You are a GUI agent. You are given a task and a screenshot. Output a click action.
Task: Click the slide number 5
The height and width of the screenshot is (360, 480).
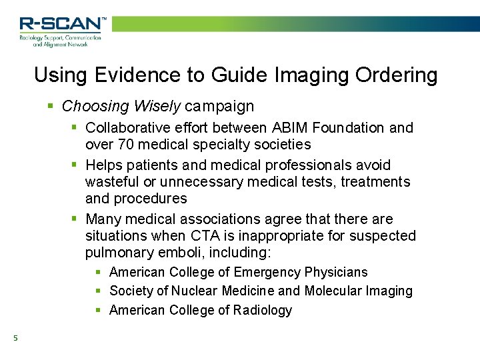coord(15,339)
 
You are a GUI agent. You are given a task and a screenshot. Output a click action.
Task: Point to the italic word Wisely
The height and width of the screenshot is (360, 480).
coord(159,106)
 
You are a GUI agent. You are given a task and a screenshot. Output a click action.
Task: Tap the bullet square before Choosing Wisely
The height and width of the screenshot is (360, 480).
coord(51,106)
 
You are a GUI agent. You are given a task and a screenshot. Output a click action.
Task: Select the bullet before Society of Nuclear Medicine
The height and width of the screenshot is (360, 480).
coord(99,291)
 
